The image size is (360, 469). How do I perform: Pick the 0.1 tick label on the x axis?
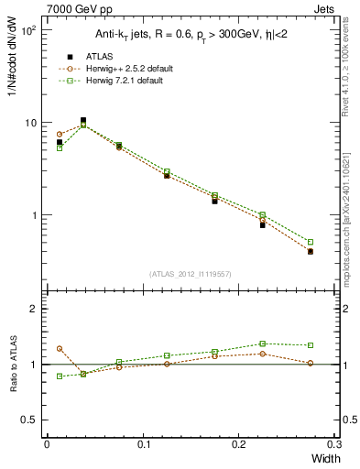[143, 446]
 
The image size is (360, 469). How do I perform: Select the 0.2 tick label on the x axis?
[238, 446]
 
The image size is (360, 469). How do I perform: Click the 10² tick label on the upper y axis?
[28, 31]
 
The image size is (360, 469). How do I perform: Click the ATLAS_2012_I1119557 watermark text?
[190, 274]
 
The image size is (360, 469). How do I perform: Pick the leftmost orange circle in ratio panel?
[60, 349]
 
